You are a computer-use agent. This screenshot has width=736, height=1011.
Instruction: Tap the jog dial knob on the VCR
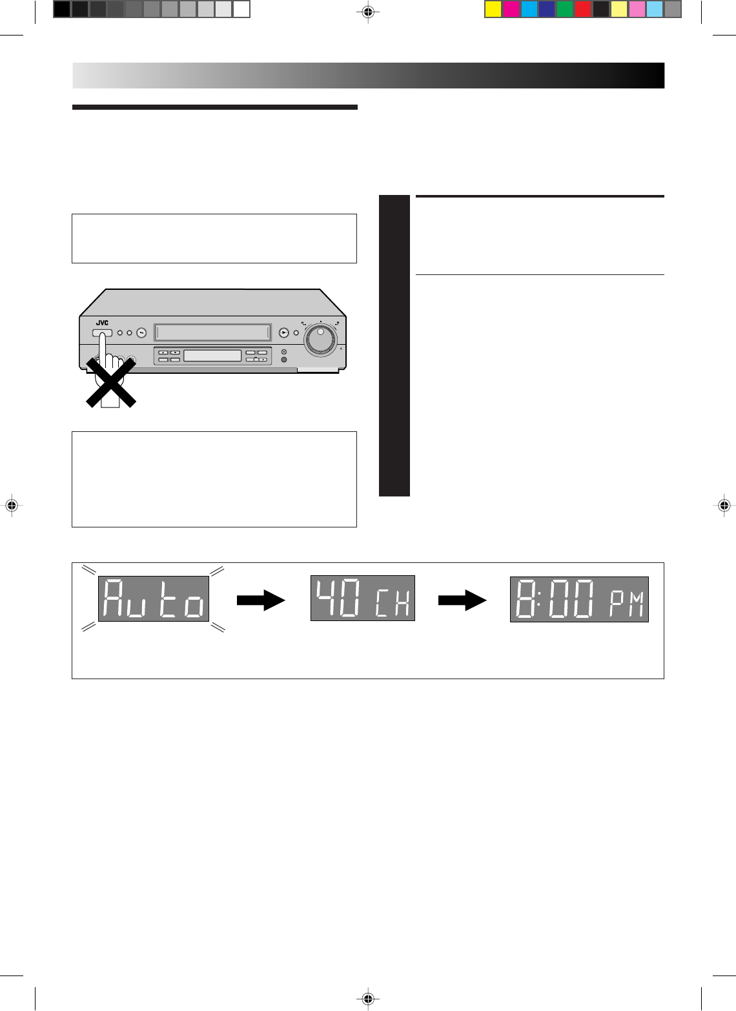pyautogui.click(x=322, y=340)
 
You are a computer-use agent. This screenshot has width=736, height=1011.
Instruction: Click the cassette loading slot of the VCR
pyautogui.click(x=214, y=333)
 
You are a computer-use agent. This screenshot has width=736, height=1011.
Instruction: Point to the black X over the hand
pyautogui.click(x=110, y=382)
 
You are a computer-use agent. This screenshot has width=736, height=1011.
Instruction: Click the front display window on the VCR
pyautogui.click(x=212, y=356)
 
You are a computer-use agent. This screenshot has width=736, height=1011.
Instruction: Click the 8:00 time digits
pyautogui.click(x=556, y=599)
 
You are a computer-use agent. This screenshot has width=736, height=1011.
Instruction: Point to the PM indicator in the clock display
pyautogui.click(x=627, y=606)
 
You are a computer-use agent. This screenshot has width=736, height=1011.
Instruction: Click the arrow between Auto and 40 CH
pyautogui.click(x=261, y=600)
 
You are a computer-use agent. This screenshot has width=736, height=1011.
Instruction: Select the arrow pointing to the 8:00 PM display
pyautogui.click(x=462, y=600)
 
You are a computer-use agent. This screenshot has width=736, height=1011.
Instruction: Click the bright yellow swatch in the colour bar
pyautogui.click(x=493, y=9)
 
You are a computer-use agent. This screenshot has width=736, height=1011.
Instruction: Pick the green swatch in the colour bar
pyautogui.click(x=565, y=9)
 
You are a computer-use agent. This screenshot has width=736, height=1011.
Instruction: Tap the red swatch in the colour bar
pyautogui.click(x=583, y=9)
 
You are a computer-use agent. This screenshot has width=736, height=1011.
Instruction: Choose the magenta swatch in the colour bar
pyautogui.click(x=511, y=9)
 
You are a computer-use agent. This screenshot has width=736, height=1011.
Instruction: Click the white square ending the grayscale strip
pyautogui.click(x=241, y=9)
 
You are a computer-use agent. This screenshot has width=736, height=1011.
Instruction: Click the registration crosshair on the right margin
pyautogui.click(x=724, y=505)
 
